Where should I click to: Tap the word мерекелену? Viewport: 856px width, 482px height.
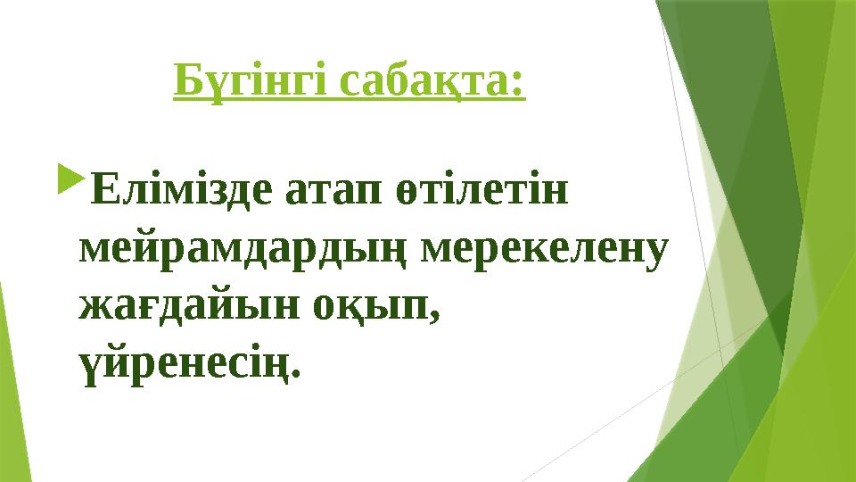(544, 248)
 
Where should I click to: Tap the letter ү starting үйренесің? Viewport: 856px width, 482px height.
(88, 364)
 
